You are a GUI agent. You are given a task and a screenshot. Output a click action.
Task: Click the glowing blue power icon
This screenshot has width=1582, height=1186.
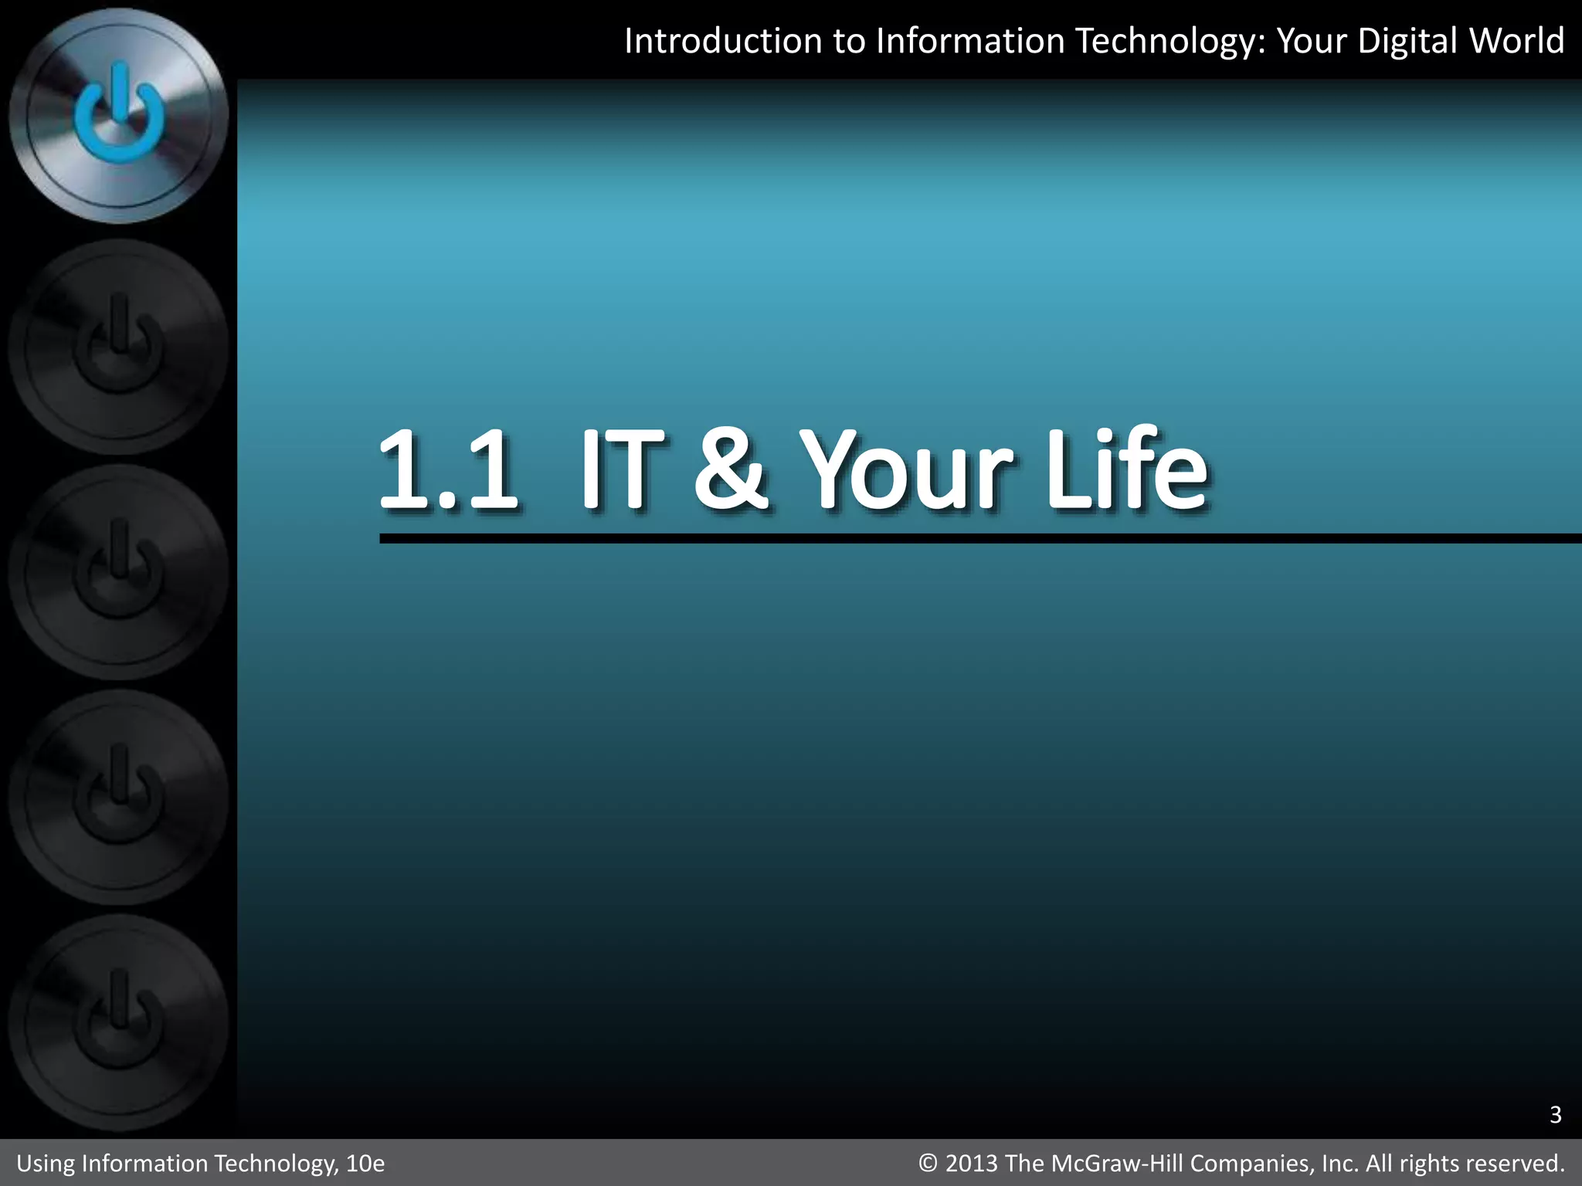[x=119, y=116]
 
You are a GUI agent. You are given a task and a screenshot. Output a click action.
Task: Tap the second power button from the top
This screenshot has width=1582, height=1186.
[x=119, y=347]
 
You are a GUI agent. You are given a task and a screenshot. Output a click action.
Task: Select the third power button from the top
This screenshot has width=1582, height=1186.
[x=119, y=572]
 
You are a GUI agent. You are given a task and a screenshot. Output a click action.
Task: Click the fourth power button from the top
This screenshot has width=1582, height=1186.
[x=119, y=798]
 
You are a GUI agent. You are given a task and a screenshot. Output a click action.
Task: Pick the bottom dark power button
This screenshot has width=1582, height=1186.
[x=119, y=1023]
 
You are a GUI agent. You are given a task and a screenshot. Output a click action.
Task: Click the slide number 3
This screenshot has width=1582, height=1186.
[x=1555, y=1115]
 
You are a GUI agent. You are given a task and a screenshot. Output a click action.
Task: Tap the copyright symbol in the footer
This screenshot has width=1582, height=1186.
[x=928, y=1164]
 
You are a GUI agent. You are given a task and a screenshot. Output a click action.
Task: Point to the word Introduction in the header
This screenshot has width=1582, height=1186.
[x=723, y=41]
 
